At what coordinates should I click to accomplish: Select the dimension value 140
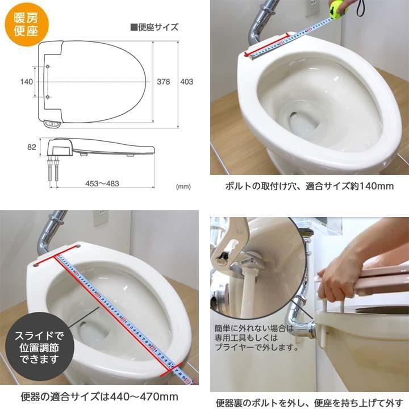(x=26, y=82)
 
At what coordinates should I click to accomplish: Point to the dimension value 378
(x=164, y=82)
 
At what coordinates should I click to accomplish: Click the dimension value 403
(x=186, y=82)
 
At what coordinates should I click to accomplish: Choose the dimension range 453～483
(x=102, y=183)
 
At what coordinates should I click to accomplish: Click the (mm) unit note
(x=183, y=186)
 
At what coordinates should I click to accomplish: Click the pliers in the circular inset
(x=239, y=250)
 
